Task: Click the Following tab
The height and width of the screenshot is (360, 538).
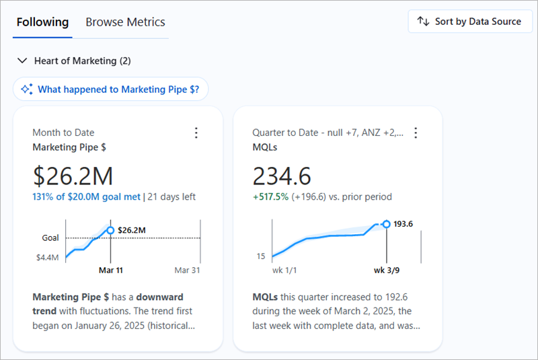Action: [x=42, y=22]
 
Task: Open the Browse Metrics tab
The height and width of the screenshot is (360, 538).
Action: [x=125, y=22]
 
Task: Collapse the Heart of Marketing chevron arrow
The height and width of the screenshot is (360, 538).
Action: [x=22, y=61]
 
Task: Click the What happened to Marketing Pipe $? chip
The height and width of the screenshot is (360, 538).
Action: [x=110, y=89]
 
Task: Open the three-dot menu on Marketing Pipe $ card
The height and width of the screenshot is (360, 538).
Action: [x=196, y=133]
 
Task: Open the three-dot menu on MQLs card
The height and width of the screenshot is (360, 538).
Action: [x=416, y=133]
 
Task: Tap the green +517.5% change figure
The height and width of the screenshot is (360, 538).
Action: [x=270, y=197]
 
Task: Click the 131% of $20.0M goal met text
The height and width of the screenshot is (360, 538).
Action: [x=86, y=197]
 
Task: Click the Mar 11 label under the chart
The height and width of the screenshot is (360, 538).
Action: [x=111, y=270]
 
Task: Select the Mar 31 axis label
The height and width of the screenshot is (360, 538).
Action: [x=188, y=270]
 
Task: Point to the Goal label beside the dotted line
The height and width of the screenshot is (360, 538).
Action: [x=50, y=238]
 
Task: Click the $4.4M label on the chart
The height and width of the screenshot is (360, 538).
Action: [x=47, y=257]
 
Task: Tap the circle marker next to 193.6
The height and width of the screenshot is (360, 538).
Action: [x=386, y=224]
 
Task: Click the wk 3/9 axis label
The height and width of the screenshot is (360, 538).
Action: [x=387, y=270]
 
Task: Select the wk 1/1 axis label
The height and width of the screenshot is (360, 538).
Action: [x=284, y=270]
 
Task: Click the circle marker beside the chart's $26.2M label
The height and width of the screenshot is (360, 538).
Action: [x=110, y=230]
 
